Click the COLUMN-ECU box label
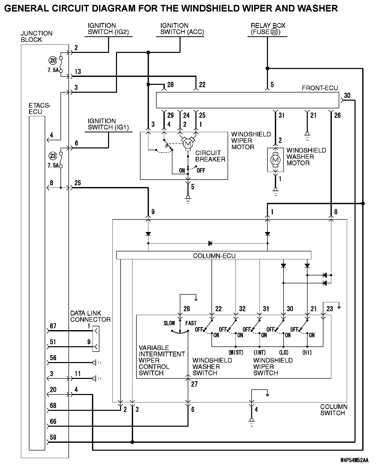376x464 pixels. (x=214, y=256)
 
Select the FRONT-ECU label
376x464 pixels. (x=320, y=88)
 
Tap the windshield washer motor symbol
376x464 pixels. (x=275, y=160)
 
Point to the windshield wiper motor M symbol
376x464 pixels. (x=188, y=144)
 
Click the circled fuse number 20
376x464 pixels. (x=53, y=61)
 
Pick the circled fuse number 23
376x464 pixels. (x=53, y=156)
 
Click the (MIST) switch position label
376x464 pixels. (x=236, y=353)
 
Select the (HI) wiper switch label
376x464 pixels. (x=307, y=353)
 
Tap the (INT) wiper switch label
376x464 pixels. (x=260, y=353)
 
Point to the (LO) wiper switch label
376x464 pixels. (x=284, y=353)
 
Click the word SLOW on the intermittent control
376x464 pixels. (x=169, y=323)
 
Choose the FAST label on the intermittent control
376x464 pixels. (x=191, y=323)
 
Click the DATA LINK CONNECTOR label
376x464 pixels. (x=90, y=316)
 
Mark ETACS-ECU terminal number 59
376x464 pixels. (x=53, y=437)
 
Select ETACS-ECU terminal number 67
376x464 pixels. (x=53, y=326)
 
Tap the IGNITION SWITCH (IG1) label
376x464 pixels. (x=108, y=124)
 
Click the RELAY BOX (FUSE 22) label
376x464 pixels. (x=268, y=29)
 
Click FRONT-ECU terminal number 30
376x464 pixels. (x=347, y=96)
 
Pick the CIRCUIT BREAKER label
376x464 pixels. (x=210, y=156)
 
